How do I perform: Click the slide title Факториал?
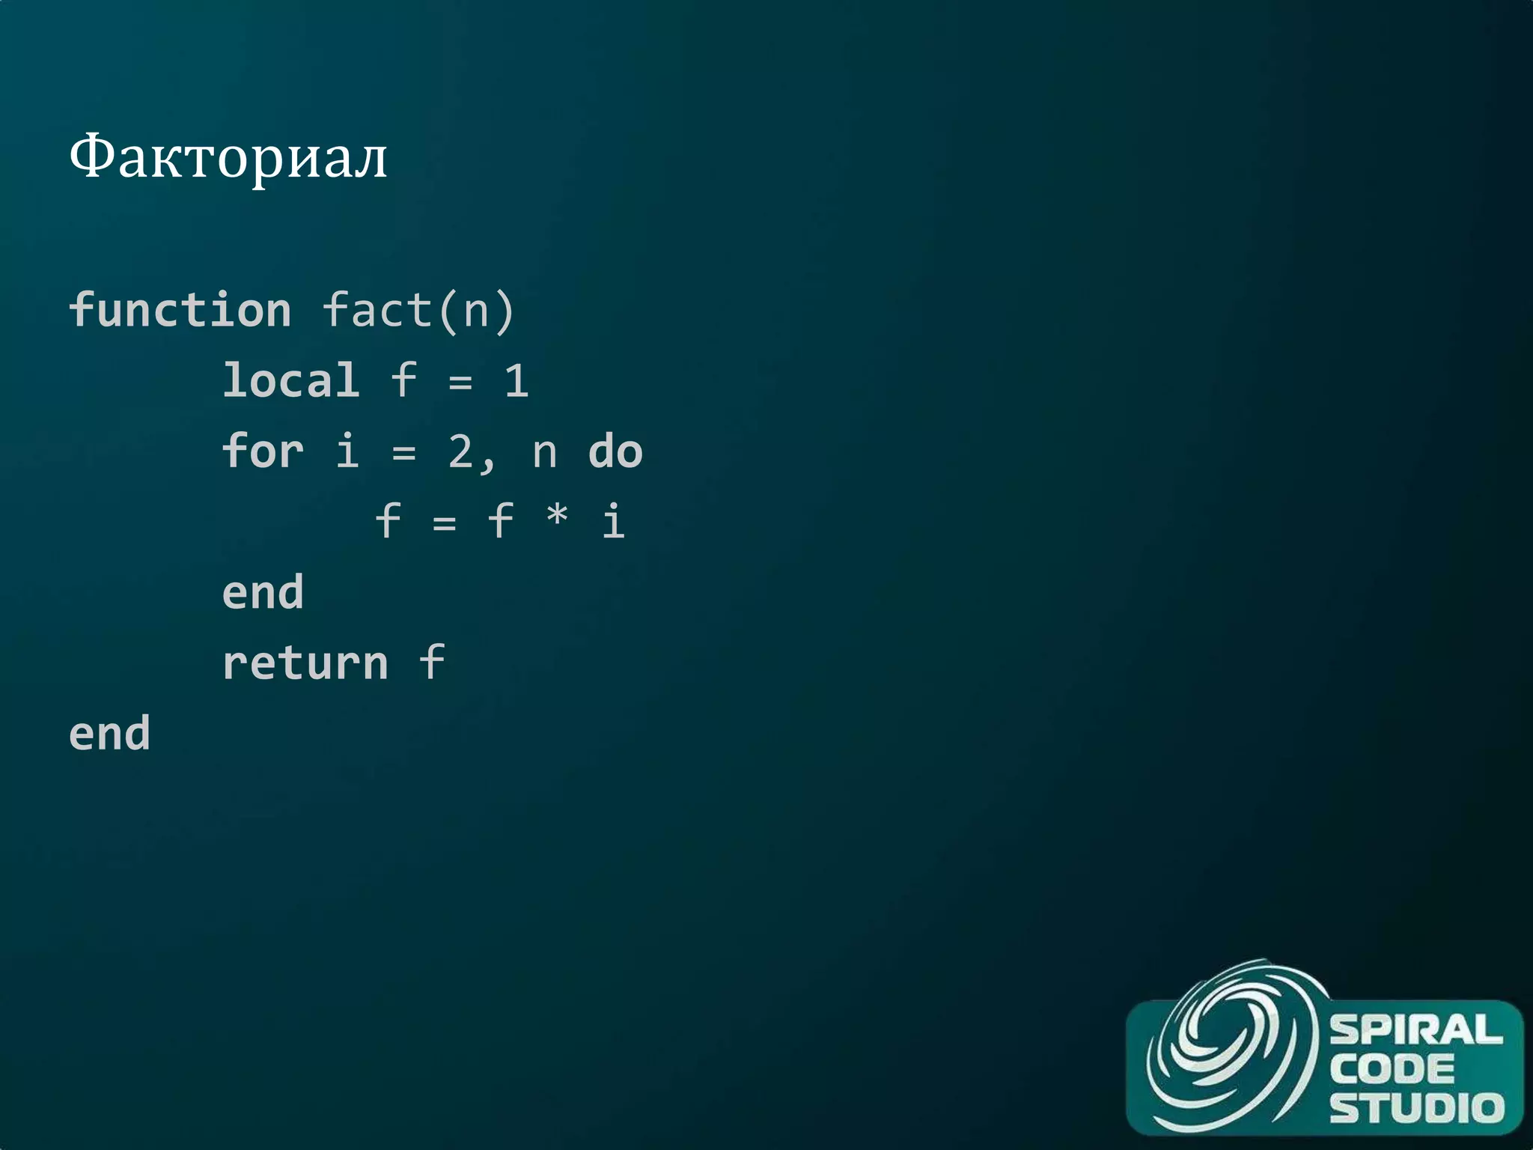point(228,158)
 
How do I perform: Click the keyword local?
point(291,380)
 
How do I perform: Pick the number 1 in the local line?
point(516,381)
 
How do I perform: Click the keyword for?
point(263,451)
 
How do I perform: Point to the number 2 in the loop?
point(461,451)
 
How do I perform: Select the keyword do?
point(615,451)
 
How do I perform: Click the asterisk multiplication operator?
point(557,517)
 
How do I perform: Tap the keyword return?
point(305,663)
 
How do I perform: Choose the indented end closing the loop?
point(263,593)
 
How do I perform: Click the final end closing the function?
point(110,734)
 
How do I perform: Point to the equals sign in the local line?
point(460,383)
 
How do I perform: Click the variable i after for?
point(347,451)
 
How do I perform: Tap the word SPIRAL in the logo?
point(1415,1030)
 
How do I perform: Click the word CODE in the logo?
point(1392,1069)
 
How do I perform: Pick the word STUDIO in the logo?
point(1416,1107)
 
